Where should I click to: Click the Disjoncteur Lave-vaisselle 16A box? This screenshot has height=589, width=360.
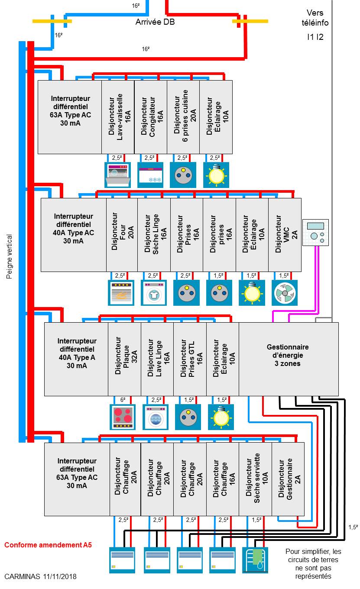click(x=118, y=117)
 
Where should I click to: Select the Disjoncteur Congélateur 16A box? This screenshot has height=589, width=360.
click(x=150, y=117)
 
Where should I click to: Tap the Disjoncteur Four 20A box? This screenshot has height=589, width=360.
click(x=122, y=235)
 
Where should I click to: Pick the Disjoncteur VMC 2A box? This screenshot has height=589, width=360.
click(x=285, y=235)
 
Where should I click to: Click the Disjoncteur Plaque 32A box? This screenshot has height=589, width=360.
click(x=124, y=359)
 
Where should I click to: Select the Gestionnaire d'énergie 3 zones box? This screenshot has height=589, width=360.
click(x=288, y=359)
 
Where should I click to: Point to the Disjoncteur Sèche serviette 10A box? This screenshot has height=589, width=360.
click(x=255, y=479)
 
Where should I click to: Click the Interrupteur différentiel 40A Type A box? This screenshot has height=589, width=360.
click(x=76, y=359)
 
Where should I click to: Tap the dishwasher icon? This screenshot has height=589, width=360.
click(x=118, y=175)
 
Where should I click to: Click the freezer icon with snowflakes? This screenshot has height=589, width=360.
click(x=150, y=175)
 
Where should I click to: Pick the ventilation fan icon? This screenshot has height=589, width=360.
click(x=285, y=293)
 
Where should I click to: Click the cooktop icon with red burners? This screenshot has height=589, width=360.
click(x=123, y=417)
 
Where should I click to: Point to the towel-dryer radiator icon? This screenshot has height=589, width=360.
click(x=255, y=560)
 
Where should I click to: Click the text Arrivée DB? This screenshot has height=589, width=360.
click(x=155, y=22)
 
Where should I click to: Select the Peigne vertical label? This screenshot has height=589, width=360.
click(x=9, y=256)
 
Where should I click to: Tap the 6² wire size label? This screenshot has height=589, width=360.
click(x=123, y=399)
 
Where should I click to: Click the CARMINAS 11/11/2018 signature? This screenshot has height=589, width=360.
click(x=40, y=577)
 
